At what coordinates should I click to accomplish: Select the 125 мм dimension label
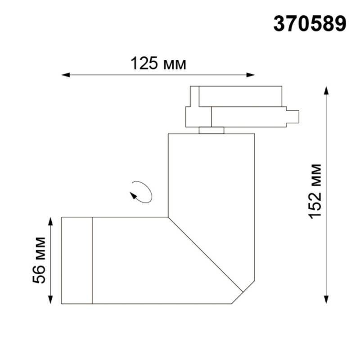[x=158, y=64]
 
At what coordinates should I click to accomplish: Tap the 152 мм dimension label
[x=315, y=191]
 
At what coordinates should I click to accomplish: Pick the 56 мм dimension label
[x=40, y=260]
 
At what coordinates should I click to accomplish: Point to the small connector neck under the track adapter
[x=211, y=130]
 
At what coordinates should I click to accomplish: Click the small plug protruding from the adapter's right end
[x=293, y=116]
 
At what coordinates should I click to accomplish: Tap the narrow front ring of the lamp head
[x=77, y=261]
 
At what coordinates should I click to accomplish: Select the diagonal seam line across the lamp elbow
[x=205, y=254]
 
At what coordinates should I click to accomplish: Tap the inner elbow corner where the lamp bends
[x=168, y=217]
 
